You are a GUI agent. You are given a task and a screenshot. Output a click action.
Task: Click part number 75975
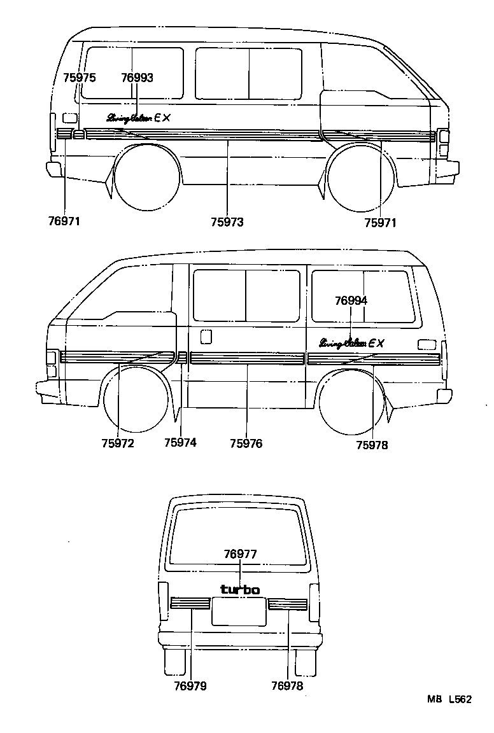coord(80,78)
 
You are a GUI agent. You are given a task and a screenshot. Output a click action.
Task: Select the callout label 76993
coord(137,78)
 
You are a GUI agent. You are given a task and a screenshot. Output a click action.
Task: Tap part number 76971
coord(64,222)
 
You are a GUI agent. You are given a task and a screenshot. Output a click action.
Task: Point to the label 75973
coord(227,222)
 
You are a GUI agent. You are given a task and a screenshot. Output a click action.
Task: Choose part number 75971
coord(380,222)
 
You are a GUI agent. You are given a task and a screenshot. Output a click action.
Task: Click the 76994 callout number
coord(351,301)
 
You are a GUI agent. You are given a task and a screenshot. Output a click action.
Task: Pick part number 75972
coord(118,443)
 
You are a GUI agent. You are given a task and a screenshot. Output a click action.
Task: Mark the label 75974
coord(180,443)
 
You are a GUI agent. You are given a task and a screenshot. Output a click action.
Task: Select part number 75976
coord(246,443)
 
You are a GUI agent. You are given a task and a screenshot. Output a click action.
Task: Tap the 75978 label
coord(372,445)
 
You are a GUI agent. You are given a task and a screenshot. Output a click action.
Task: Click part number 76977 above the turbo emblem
coord(240,554)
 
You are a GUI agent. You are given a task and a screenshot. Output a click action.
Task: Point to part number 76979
coord(190,686)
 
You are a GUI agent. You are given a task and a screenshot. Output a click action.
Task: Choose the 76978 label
coord(287,686)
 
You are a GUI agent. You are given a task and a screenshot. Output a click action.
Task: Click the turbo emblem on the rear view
coord(240,590)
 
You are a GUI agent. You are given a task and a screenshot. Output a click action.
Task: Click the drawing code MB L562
coord(449,699)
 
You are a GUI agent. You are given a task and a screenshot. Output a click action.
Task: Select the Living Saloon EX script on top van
coord(139,117)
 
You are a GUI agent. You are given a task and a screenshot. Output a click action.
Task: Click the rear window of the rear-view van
coord(239,534)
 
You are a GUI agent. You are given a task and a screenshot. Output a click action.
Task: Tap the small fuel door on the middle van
coord(206,336)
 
